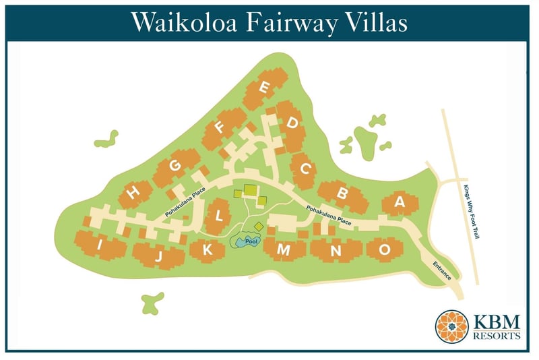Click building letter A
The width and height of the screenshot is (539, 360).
[x=399, y=202]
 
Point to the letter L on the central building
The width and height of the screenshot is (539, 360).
[x=218, y=216]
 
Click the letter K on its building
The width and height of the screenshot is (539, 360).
[x=208, y=249]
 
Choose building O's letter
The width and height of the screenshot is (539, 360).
[x=384, y=249]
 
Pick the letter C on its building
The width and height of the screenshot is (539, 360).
[x=305, y=168]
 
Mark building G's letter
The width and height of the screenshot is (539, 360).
[x=175, y=167]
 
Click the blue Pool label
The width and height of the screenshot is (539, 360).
[x=251, y=241]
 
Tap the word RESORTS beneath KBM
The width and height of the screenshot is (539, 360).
[x=496, y=335]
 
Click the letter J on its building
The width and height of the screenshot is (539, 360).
[x=159, y=256]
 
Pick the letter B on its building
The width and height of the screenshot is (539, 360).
[x=342, y=193]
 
